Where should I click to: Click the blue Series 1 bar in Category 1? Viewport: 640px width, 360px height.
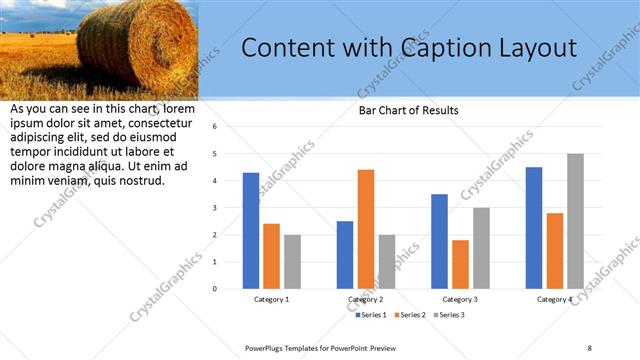click(x=251, y=231)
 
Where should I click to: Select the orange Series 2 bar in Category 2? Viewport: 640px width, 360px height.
click(x=366, y=229)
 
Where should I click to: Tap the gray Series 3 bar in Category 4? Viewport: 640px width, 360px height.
click(x=575, y=221)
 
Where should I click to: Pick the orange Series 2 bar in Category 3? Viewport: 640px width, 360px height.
click(x=460, y=264)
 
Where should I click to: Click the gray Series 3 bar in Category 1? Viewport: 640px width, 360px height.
click(x=292, y=262)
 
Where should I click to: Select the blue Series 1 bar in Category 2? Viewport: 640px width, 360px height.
click(x=345, y=255)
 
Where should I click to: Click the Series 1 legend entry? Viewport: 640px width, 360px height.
click(x=372, y=315)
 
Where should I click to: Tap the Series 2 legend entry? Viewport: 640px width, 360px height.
click(x=410, y=315)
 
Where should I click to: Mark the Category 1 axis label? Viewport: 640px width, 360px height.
click(x=272, y=299)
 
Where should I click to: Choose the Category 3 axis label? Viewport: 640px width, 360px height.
click(x=460, y=299)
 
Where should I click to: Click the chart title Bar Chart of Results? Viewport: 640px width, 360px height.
click(x=408, y=110)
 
